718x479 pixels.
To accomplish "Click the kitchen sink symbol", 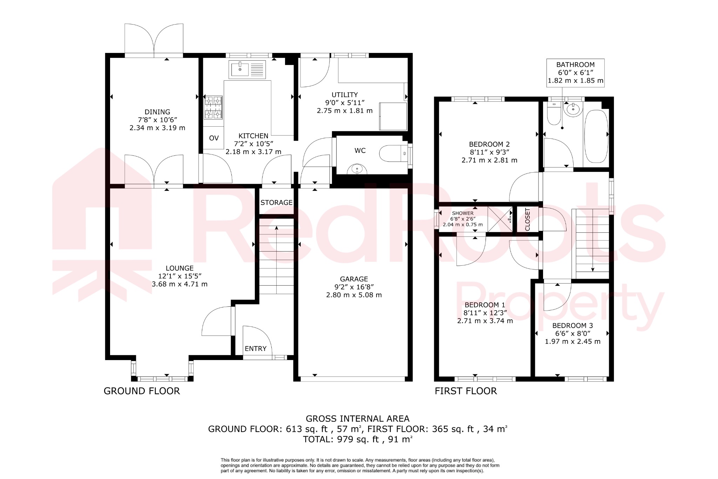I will coord(247,69).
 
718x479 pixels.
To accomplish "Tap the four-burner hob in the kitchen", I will coord(214,107).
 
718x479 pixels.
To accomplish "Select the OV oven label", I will coord(214,138).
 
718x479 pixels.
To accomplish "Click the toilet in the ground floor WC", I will coord(393,153).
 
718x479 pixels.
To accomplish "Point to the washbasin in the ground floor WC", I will coord(357,169).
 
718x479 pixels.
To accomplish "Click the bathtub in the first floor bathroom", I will coord(596,137).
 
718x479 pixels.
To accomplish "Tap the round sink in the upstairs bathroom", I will coord(573,109).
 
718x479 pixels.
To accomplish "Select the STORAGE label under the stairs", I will coord(276,202).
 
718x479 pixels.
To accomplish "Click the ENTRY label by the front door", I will coord(256,348).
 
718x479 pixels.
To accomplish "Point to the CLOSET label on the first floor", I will coord(528,220).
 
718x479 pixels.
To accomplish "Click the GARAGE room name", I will coord(354,279).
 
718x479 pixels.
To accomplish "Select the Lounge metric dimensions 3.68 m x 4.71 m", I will coord(179,284).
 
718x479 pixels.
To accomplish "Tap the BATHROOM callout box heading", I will coord(575,65).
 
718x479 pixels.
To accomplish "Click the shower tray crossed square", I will coord(500,219).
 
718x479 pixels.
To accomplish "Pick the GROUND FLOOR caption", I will coord(142,391).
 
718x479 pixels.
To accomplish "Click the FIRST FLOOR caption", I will coord(466,391).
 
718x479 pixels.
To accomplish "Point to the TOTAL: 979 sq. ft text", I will coord(358,439).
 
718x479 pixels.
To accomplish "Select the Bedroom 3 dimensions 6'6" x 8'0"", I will coord(573,334).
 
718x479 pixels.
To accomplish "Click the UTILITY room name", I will coord(345,95).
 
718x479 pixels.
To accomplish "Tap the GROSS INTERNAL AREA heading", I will coord(358,419).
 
